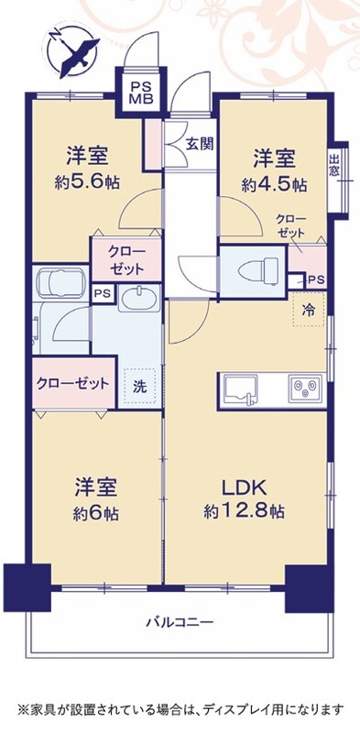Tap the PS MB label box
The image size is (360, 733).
tap(141, 93)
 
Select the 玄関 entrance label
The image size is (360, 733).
tap(200, 144)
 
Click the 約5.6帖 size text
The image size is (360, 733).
tap(87, 182)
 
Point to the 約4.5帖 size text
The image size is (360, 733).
tap(274, 185)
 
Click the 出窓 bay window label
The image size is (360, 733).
tap(333, 166)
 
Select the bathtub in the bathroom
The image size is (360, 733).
tap(60, 283)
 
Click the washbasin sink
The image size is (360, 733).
tap(139, 299)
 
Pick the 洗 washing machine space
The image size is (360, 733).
tap(139, 387)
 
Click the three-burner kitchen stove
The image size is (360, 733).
tap(306, 387)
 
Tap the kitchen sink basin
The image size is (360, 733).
tap(240, 388)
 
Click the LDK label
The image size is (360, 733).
tap(244, 488)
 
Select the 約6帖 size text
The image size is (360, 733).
tap(96, 514)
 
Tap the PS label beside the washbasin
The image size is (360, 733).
tap(103, 293)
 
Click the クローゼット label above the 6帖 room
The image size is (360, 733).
tap(73, 384)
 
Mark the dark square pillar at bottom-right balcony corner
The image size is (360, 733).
tap(309, 588)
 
